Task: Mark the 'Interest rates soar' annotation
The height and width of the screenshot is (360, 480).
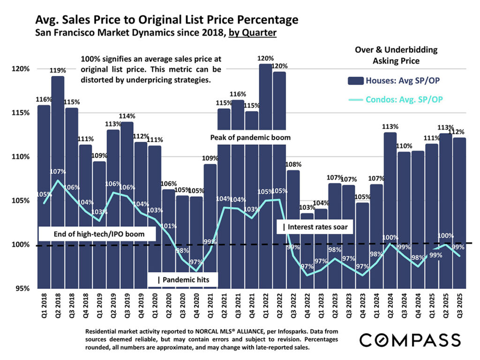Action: (x=317, y=227)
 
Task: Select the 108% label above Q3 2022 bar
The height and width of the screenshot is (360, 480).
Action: (x=293, y=165)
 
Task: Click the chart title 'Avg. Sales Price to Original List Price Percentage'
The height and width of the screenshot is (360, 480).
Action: (x=166, y=20)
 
